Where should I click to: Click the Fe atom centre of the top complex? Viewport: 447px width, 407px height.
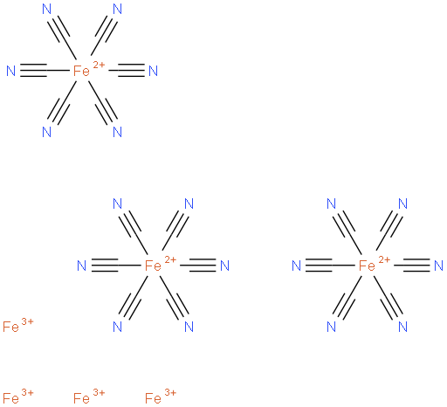[x=81, y=71]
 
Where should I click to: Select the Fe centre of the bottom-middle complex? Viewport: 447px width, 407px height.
[x=153, y=266]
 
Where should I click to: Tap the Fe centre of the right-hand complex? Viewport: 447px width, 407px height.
[x=367, y=266]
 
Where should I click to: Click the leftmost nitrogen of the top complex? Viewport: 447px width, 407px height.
[x=11, y=71]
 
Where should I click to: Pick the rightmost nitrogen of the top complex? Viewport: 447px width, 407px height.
[x=153, y=71]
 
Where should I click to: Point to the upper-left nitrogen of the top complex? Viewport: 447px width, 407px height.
[x=47, y=9]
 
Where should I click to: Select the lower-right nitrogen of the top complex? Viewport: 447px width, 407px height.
[x=117, y=132]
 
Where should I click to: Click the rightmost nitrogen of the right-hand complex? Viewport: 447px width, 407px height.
[x=438, y=266]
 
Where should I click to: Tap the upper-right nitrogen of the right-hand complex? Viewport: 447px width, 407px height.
[x=402, y=203]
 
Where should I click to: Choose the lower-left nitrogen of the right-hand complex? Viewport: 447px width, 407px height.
[x=331, y=327]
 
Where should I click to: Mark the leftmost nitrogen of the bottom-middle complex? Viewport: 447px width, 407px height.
[x=82, y=266]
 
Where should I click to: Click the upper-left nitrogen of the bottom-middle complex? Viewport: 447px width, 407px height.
[x=117, y=203]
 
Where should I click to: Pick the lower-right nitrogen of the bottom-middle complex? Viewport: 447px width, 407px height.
[x=189, y=327]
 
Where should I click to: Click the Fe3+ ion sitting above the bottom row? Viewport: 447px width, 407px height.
[x=18, y=326]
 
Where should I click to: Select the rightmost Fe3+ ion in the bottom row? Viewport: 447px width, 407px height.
[x=161, y=397]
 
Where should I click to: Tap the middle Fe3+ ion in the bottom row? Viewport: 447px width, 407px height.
[x=89, y=397]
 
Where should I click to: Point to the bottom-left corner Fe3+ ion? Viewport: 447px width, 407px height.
[x=18, y=397]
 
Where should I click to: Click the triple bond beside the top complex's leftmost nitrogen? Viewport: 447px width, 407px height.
[x=33, y=71]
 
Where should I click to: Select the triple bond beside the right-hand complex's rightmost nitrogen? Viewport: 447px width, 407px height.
[x=416, y=266]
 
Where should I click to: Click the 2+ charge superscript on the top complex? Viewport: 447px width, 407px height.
[x=99, y=65]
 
